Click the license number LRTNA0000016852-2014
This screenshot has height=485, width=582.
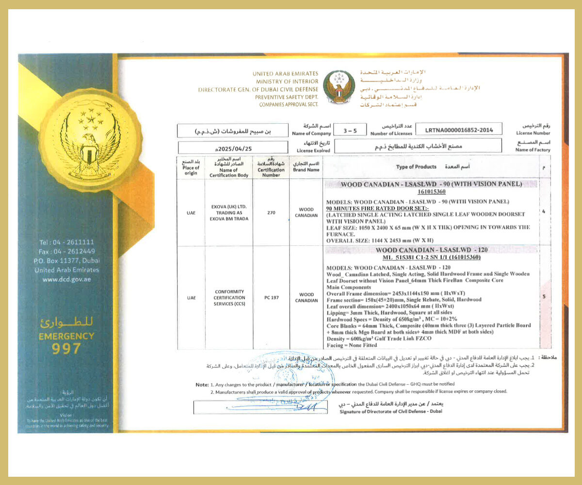click(459, 130)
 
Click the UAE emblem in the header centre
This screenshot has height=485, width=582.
click(339, 87)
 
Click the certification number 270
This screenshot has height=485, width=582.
click(271, 211)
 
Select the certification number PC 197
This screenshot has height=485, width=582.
click(271, 297)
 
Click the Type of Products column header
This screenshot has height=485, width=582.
click(416, 167)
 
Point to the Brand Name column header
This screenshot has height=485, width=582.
click(306, 167)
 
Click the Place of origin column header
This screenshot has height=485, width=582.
click(191, 167)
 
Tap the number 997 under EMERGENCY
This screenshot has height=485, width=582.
click(66, 348)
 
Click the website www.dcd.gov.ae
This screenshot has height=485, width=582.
click(66, 279)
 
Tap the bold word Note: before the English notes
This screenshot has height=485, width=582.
click(202, 384)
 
